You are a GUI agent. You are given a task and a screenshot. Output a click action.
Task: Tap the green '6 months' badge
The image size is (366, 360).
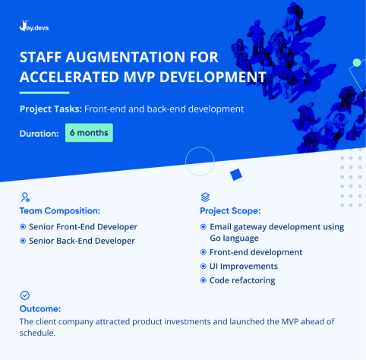89,133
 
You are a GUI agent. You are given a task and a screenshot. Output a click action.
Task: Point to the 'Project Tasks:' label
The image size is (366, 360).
50,109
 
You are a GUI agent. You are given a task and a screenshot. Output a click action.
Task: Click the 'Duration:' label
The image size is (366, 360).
39,134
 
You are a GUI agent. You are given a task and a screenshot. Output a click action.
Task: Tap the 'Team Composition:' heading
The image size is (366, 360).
60,210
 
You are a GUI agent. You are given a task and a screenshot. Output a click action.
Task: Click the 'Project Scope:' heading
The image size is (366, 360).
230,210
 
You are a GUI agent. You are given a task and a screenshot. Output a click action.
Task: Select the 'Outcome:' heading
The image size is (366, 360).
39,308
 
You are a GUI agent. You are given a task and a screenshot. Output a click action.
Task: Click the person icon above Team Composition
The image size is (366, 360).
25,196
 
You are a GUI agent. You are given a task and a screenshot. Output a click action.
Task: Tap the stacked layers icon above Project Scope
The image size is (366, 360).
205,196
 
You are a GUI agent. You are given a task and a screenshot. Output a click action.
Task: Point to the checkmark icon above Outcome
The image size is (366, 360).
25,295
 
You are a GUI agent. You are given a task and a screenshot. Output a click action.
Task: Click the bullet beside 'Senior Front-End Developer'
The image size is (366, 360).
23,227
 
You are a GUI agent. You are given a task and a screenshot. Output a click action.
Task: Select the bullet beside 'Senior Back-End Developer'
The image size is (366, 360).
23,241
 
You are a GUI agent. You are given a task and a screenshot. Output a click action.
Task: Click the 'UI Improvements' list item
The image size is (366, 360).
243,267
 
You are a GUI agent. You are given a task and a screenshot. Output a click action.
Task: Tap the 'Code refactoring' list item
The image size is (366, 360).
241,280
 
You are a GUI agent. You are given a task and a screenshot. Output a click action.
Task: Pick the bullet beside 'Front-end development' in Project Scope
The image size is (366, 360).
203,252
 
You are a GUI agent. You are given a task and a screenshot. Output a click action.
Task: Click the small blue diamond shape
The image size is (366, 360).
235,175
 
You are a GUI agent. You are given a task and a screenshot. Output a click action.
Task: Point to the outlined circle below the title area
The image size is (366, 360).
200,162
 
